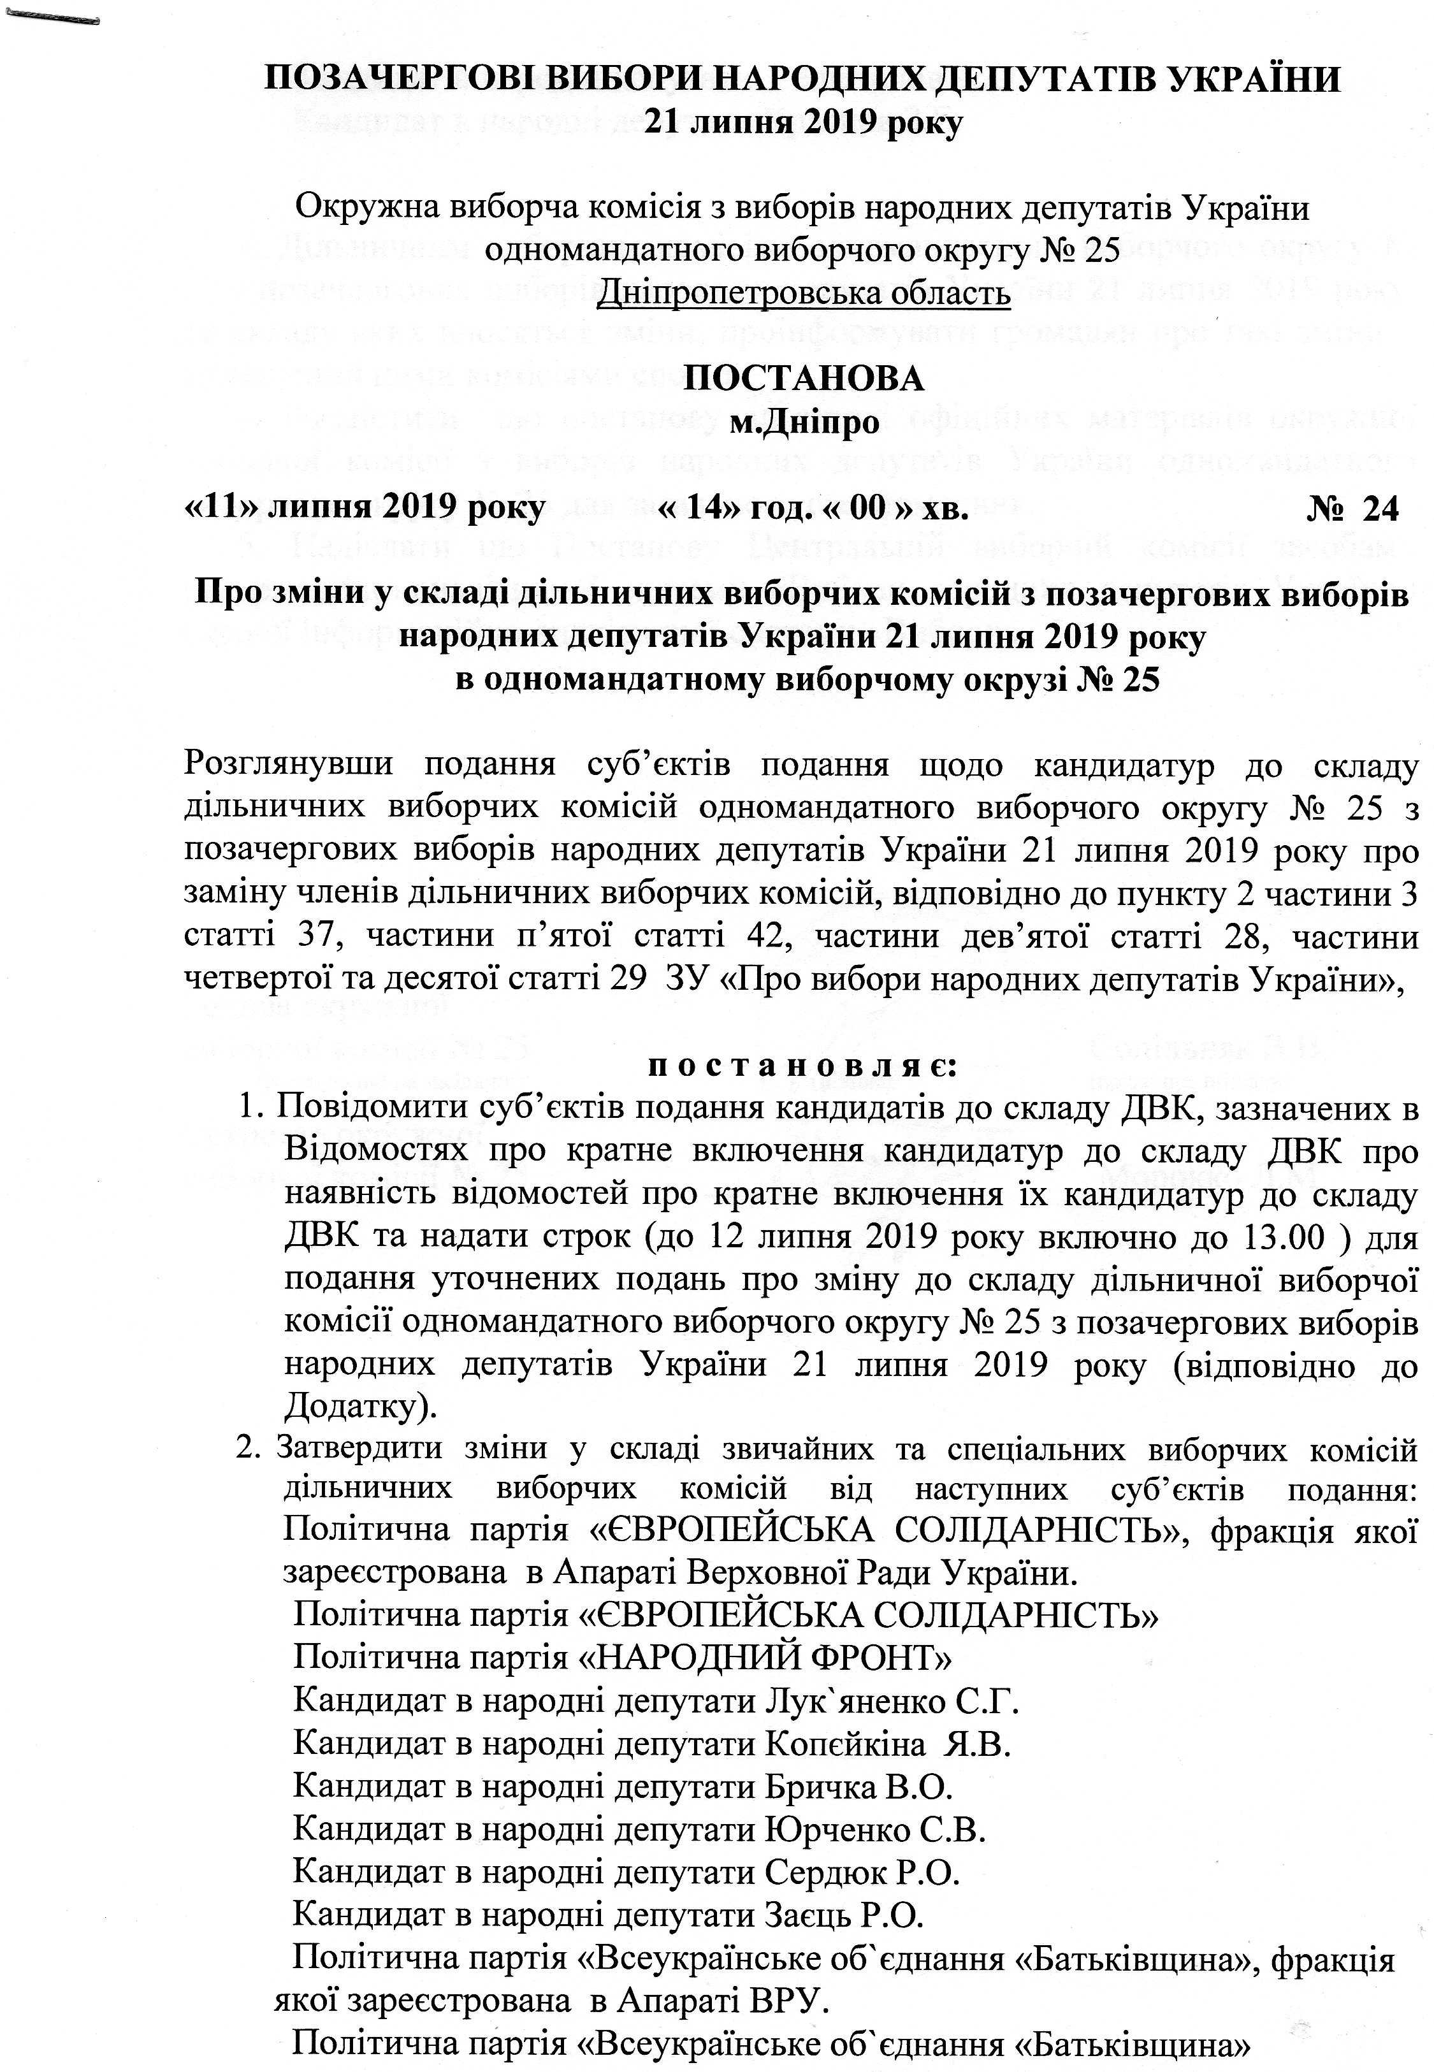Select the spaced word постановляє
[802, 1068]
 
